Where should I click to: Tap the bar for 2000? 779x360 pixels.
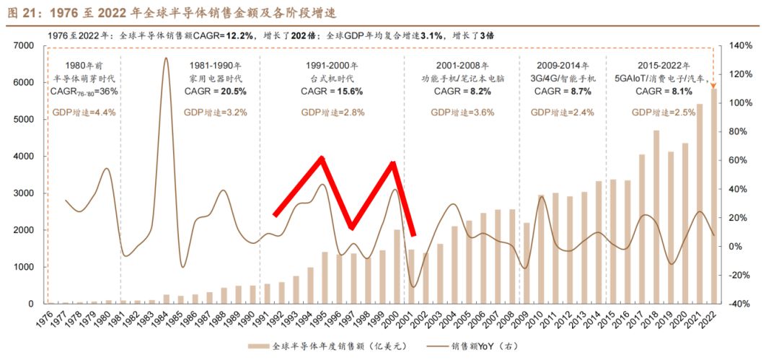tap(397, 267)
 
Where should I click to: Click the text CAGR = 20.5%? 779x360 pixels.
tap(215, 92)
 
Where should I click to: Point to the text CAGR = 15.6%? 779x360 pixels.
tap(332, 92)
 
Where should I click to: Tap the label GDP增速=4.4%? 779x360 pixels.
tap(84, 112)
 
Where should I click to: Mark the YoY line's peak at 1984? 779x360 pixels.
tap(166, 58)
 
